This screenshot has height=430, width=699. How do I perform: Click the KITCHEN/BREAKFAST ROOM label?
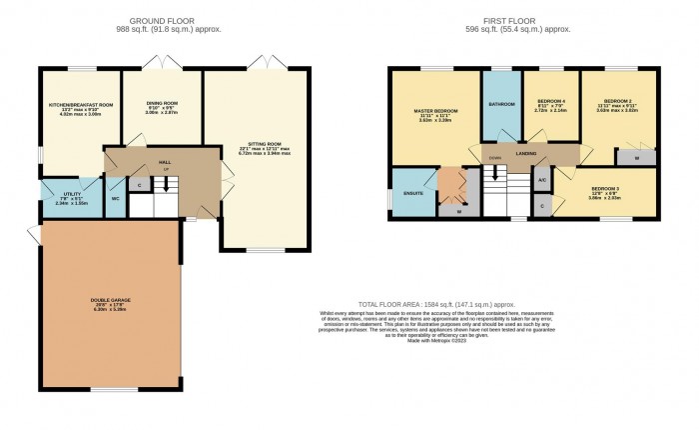pyautogui.click(x=76, y=104)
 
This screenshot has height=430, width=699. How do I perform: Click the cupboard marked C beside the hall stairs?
pyautogui.click(x=139, y=185)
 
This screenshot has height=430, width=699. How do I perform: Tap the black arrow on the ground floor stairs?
pyautogui.click(x=166, y=185)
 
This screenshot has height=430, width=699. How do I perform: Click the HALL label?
pyautogui.click(x=163, y=160)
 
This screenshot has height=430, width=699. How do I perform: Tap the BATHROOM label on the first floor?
pyautogui.click(x=500, y=104)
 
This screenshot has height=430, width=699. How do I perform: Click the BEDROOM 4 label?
pyautogui.click(x=551, y=102)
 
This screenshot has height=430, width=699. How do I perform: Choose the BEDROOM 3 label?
pyautogui.click(x=605, y=189)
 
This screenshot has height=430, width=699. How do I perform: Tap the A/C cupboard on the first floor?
pyautogui.click(x=541, y=179)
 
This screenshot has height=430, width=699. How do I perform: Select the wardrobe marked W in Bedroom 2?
pyautogui.click(x=635, y=157)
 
